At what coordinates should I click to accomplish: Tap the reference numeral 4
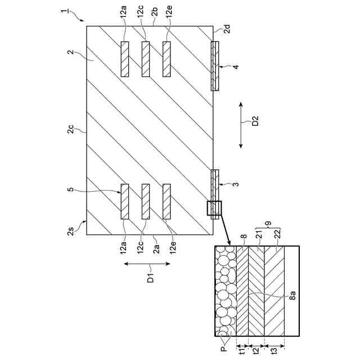(236, 67)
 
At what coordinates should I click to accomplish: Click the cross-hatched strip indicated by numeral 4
(214, 66)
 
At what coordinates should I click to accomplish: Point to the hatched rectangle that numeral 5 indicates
(124, 201)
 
